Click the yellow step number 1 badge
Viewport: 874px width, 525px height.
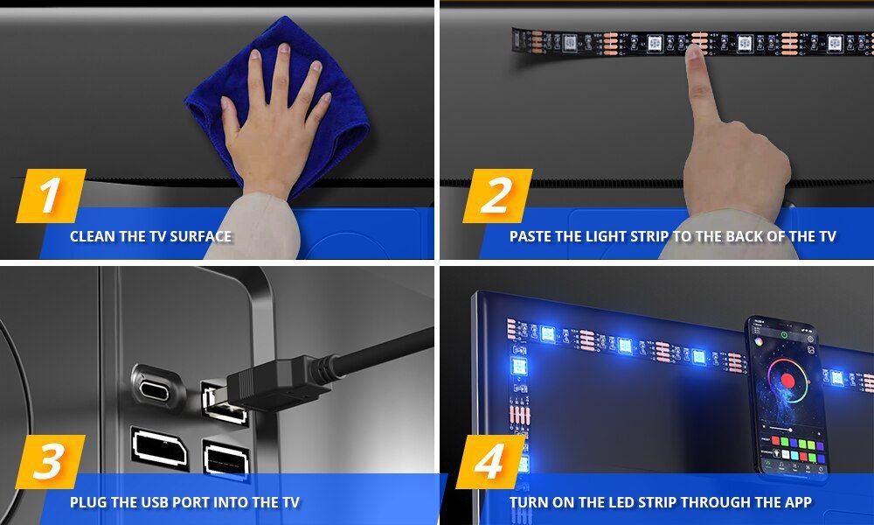click(x=51, y=196)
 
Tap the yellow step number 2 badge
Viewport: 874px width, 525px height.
click(x=496, y=196)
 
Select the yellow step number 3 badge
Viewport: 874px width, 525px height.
click(x=51, y=462)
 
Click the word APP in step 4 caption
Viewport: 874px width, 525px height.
click(x=796, y=502)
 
